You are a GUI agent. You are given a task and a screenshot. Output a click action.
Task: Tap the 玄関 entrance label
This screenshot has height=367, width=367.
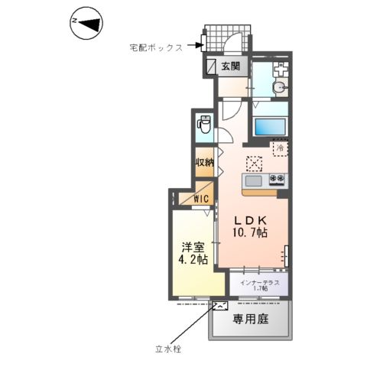[232, 67]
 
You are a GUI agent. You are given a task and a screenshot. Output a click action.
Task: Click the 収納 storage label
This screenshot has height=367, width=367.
[203, 163]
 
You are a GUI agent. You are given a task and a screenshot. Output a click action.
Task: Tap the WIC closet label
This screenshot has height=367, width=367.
[201, 199]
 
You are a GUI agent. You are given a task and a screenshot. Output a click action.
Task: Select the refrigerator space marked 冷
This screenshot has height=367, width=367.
[280, 146]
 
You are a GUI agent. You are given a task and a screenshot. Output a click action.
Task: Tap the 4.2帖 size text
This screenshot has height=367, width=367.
[193, 260]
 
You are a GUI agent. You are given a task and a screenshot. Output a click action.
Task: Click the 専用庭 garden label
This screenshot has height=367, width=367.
[252, 318]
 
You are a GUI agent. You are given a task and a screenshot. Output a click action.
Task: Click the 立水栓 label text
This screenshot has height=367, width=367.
[171, 349]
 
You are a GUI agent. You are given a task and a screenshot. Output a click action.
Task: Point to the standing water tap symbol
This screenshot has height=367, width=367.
[219, 307]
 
